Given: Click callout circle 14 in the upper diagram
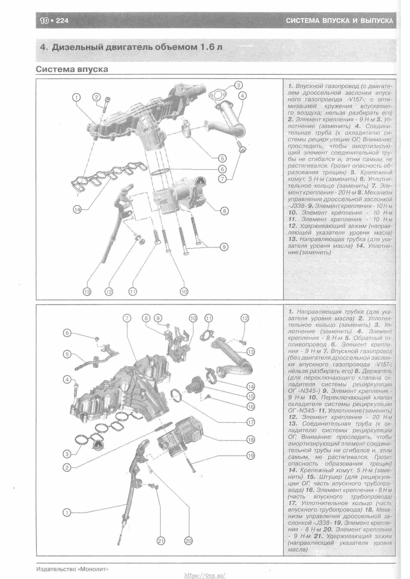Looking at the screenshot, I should (x=77, y=209).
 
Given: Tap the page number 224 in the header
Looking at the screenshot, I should (x=62, y=20).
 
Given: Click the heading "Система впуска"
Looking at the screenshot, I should (x=72, y=69).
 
